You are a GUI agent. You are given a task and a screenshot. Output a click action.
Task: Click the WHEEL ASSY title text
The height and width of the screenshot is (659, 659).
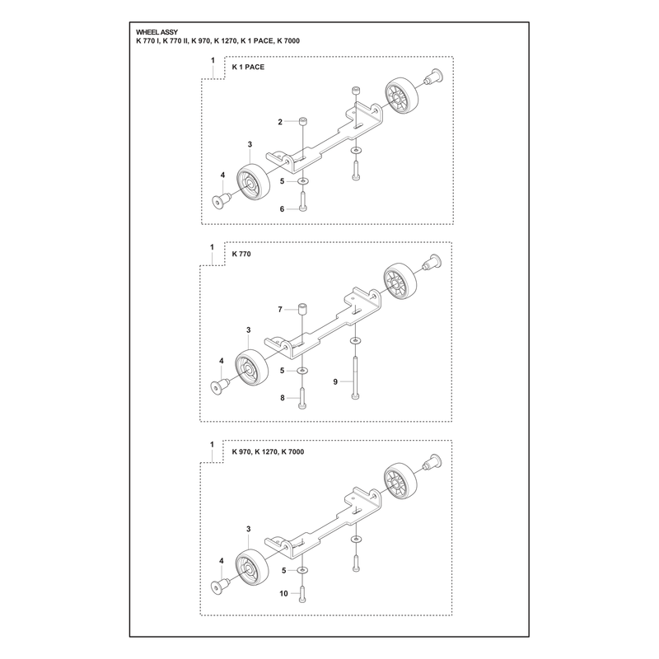coord(157,32)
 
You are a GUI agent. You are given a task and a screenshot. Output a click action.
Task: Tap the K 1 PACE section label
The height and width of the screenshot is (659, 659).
coord(249,68)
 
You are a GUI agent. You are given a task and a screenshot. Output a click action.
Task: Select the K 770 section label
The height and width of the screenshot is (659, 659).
coord(241,255)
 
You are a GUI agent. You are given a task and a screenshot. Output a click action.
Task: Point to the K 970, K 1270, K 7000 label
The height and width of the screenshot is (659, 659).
coord(269,451)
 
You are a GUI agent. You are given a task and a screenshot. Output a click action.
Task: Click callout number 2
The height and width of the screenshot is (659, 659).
coord(280,122)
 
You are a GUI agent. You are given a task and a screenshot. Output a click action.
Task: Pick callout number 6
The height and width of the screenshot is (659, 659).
coord(282,209)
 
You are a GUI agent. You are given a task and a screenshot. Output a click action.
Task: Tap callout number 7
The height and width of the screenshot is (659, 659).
coord(280,310)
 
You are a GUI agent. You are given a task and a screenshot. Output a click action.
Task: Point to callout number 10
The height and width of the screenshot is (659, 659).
coord(283,593)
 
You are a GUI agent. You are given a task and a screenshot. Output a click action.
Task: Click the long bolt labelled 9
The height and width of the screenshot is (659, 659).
coord(356,377)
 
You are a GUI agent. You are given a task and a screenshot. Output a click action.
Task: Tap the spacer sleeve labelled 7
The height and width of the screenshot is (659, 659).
coord(301,309)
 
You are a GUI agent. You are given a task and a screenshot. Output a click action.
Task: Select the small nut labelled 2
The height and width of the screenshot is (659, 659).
coord(301,121)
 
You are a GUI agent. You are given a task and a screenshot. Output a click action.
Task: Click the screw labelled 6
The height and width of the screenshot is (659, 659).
coord(302,201)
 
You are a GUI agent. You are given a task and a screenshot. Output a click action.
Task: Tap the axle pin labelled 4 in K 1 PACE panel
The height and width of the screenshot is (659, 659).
coord(221,200)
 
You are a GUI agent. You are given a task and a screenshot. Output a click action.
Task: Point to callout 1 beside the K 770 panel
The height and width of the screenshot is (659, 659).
coord(213,247)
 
